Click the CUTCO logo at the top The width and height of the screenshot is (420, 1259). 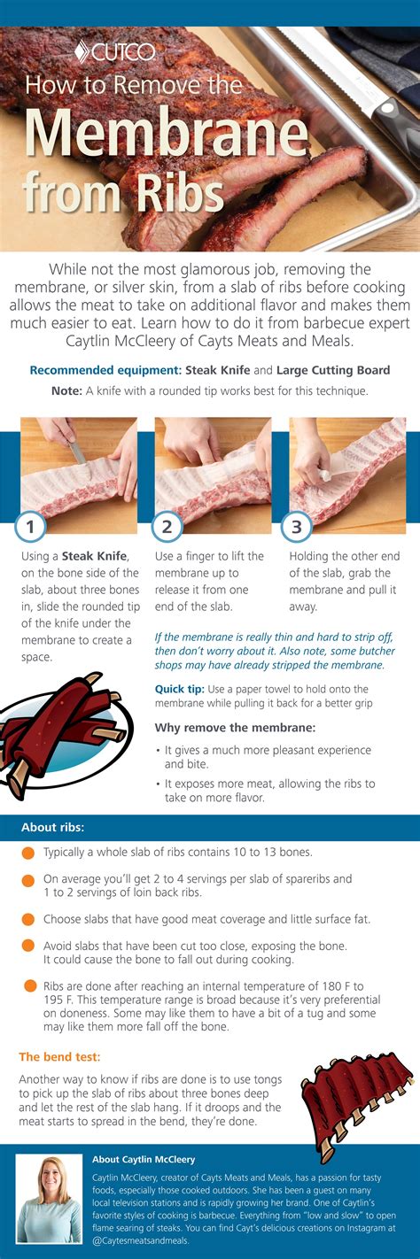tap(115, 50)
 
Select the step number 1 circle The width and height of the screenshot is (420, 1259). tap(31, 528)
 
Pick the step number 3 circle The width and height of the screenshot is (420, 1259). tap(297, 528)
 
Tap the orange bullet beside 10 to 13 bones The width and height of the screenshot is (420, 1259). tap(27, 853)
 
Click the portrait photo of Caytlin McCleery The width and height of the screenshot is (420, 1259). tap(48, 1199)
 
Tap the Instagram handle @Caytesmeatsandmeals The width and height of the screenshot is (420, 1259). tap(141, 1241)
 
